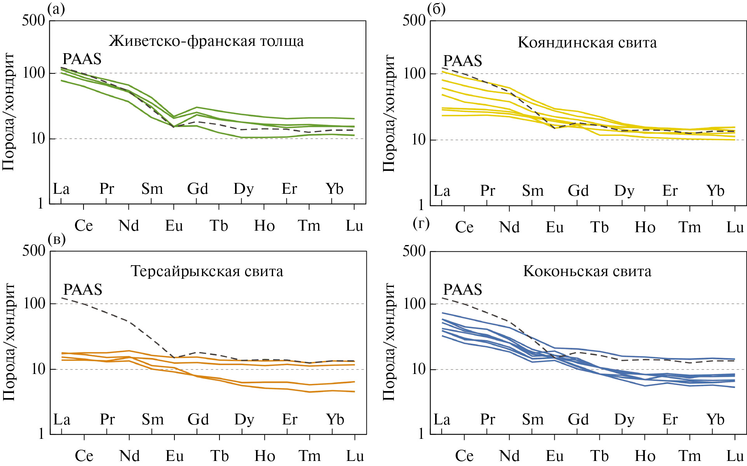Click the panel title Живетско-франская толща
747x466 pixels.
206,41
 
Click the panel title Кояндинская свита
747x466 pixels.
587,43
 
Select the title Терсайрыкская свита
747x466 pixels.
207,271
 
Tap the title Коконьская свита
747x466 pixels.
587,271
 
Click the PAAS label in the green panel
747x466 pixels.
82,59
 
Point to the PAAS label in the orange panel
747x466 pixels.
83,290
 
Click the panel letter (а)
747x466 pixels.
56,9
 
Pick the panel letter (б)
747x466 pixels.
436,9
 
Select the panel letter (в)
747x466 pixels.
57,239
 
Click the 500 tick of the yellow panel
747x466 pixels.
414,20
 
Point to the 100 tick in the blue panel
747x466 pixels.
414,304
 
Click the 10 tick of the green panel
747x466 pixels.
38,139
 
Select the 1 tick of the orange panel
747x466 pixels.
41,434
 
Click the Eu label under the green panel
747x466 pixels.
174,226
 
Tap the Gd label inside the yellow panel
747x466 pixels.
578,191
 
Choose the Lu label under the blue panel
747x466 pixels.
735,456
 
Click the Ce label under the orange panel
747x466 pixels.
84,456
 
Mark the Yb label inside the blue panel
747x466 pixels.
715,419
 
